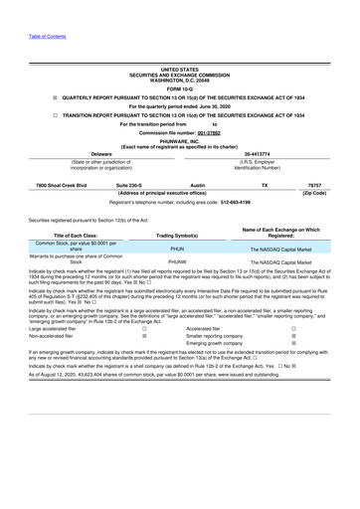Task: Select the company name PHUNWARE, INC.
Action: (179, 139)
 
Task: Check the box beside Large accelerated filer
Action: (145, 328)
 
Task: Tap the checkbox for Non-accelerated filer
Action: (145, 337)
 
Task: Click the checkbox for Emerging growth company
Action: (292, 346)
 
